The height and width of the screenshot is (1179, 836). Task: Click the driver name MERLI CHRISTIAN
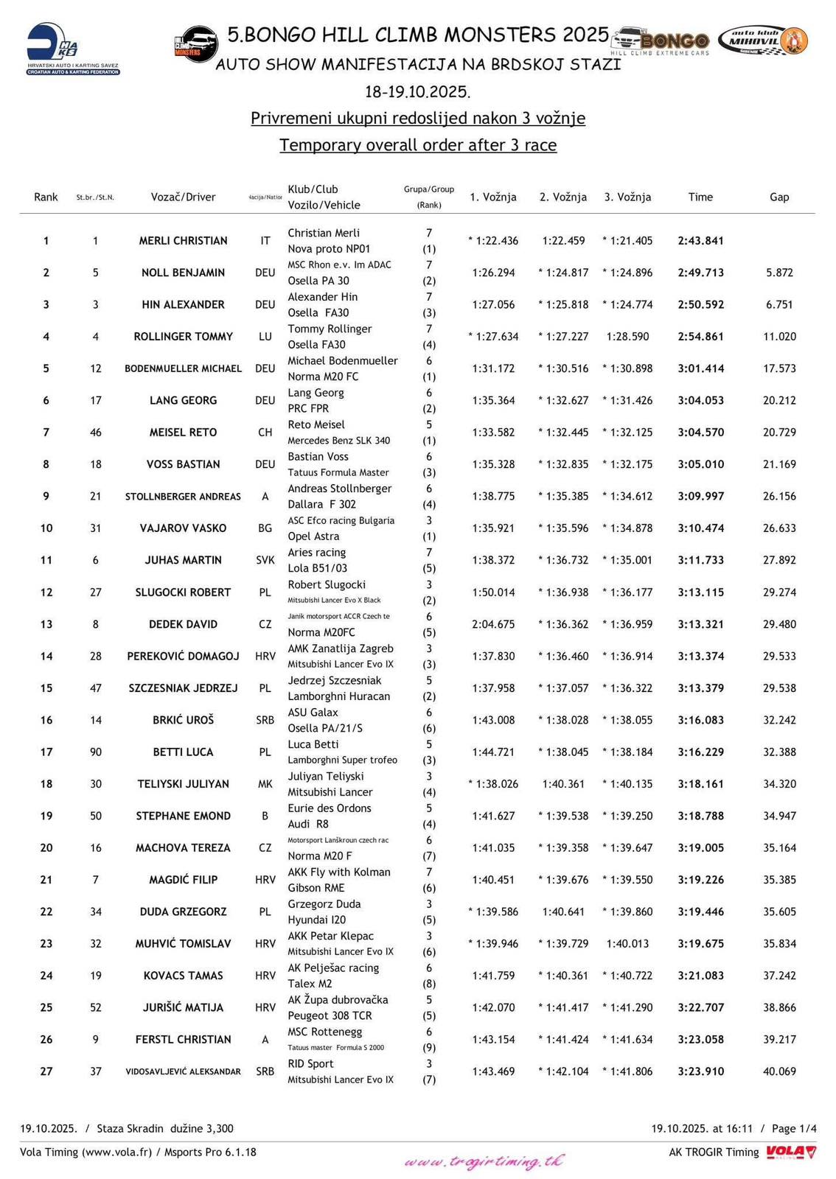(x=183, y=241)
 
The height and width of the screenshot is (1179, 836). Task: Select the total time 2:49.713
(x=700, y=273)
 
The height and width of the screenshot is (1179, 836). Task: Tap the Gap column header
(x=779, y=197)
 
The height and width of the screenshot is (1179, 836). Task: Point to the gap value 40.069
(x=779, y=1071)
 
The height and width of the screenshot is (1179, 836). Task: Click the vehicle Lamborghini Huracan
(x=338, y=696)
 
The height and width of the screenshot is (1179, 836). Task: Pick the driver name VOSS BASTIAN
(x=183, y=464)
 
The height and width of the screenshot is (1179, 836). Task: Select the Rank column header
(x=46, y=197)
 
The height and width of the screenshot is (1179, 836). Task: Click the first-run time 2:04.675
(x=493, y=624)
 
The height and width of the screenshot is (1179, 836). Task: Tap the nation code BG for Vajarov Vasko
(x=265, y=528)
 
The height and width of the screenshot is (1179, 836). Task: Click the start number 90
(x=96, y=752)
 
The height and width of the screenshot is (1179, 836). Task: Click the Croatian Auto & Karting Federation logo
(x=73, y=50)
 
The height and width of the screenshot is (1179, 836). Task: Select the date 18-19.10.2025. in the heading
(x=417, y=92)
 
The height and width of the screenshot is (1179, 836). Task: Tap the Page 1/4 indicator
(x=794, y=1128)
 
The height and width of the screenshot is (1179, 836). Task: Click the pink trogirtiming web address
(x=484, y=1162)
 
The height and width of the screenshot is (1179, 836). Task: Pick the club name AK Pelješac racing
(x=332, y=968)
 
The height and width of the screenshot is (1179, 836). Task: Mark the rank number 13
(x=46, y=624)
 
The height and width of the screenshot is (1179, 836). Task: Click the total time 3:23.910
(x=700, y=1071)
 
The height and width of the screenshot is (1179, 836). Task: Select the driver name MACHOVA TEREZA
(x=183, y=848)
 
